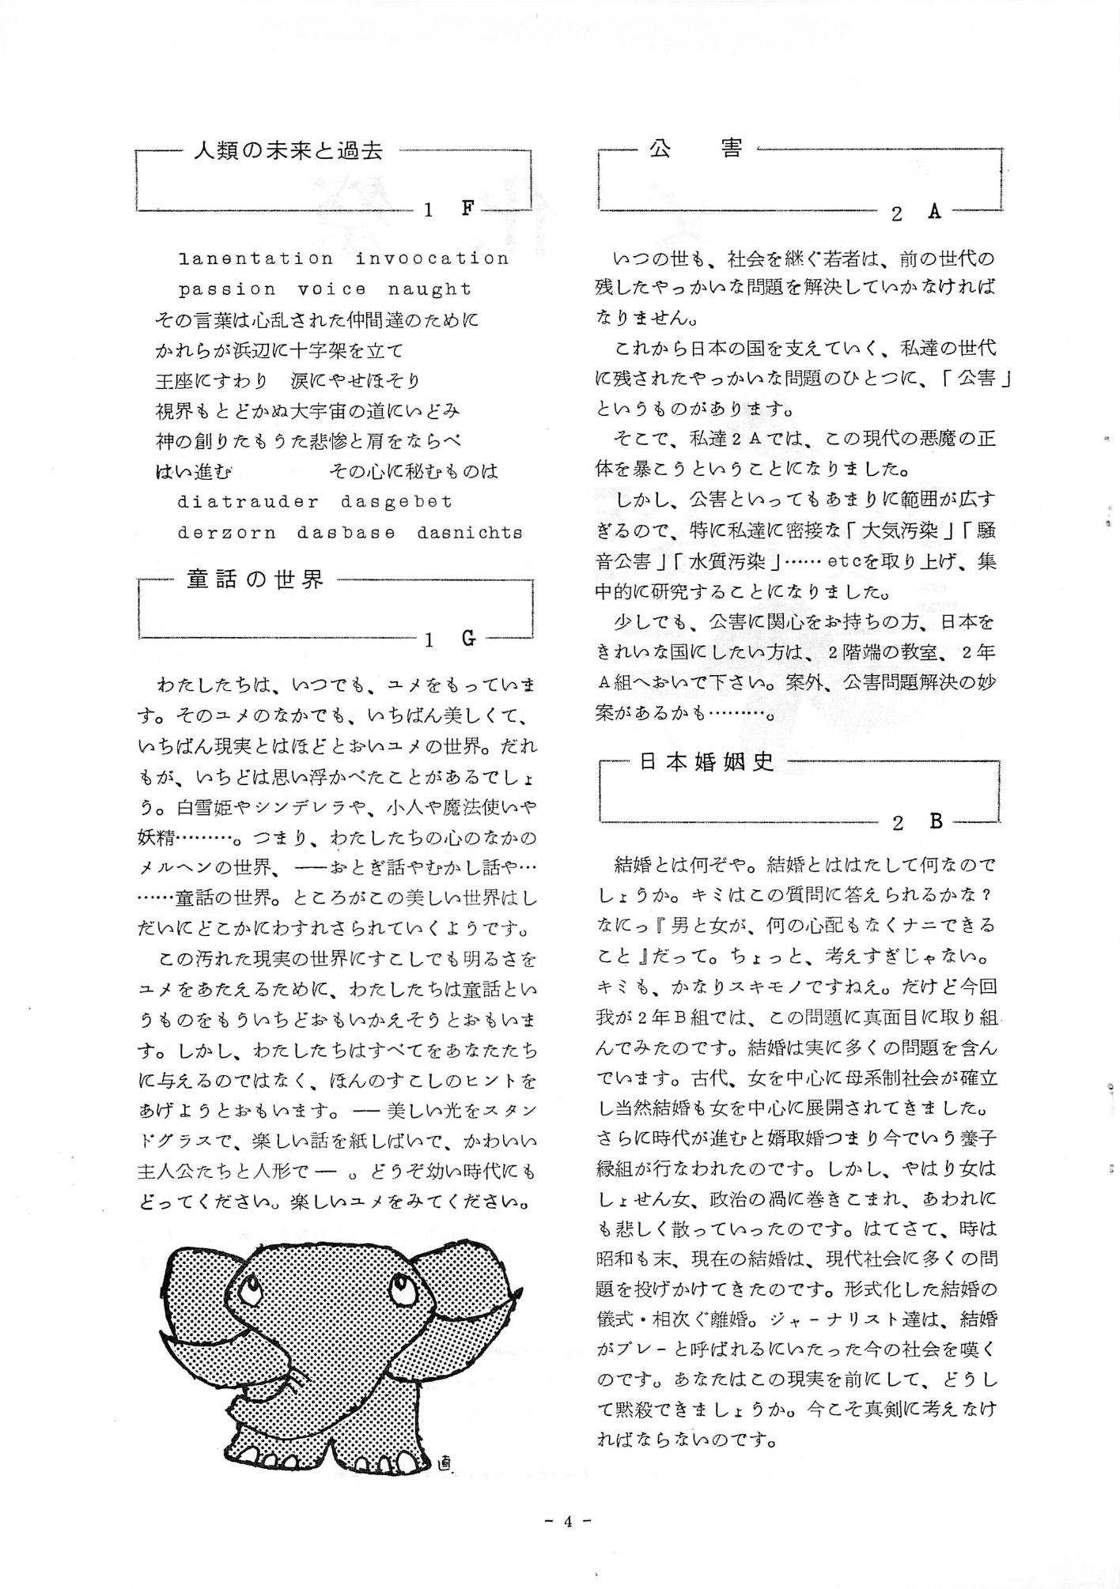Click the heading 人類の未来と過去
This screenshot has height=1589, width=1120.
point(288,150)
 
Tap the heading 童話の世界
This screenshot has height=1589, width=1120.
point(255,579)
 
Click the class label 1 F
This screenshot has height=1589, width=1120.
point(449,209)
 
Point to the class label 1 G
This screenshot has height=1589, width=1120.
point(449,639)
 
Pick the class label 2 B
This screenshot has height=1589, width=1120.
point(917,822)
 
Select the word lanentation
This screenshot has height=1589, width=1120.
point(255,259)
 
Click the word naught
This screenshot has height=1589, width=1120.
point(429,289)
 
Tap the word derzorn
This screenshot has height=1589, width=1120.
point(227,532)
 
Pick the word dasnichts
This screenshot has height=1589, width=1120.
point(470,532)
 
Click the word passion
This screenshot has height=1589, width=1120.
point(227,289)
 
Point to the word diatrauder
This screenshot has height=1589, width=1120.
point(248,501)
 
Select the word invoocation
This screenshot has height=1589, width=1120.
point(432,259)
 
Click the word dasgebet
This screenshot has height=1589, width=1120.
point(396,501)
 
